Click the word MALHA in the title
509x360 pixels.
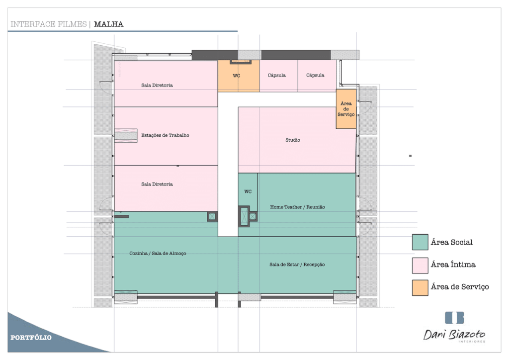pos(108,24)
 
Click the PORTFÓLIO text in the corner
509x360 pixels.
pos(31,338)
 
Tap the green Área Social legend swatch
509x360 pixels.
pos(420,242)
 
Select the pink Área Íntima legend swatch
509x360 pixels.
pos(420,266)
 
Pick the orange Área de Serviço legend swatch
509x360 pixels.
pos(420,287)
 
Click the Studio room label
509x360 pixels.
pos(293,140)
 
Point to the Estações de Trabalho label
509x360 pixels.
pos(165,135)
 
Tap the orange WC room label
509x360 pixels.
pos(236,76)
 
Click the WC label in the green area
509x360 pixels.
pos(248,191)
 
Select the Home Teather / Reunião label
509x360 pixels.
pos(297,207)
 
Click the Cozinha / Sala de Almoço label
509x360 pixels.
pos(158,254)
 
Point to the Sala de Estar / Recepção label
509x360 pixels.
pos(297,265)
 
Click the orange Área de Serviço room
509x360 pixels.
pos(346,109)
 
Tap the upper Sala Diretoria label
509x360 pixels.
pos(157,86)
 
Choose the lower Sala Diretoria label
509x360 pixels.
pos(157,184)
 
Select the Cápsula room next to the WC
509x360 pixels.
pos(278,76)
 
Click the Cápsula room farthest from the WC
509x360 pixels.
pos(317,76)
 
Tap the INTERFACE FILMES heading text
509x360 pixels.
pos(49,24)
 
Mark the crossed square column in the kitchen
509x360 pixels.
pos(212,216)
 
